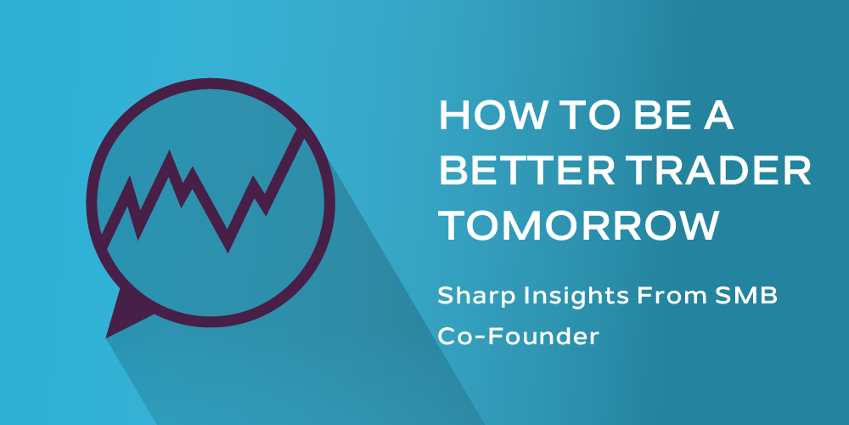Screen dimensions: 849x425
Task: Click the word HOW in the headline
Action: pos(486,116)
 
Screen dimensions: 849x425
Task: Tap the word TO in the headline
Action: pos(576,116)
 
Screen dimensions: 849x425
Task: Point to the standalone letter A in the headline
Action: pos(717,116)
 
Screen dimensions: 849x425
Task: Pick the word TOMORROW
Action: pos(578,225)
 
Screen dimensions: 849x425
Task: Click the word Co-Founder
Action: pos(518,337)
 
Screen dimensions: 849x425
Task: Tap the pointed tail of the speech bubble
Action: pos(107,337)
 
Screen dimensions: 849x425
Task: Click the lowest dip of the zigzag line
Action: pos(228,251)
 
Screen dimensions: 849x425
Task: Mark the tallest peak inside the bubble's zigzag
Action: pos(170,152)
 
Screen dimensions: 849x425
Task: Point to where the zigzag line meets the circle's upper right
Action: pos(300,132)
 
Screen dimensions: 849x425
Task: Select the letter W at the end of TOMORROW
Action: pos(694,225)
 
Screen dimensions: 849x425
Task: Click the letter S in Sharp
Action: pos(445,297)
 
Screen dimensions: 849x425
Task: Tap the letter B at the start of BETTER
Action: pos(452,170)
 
